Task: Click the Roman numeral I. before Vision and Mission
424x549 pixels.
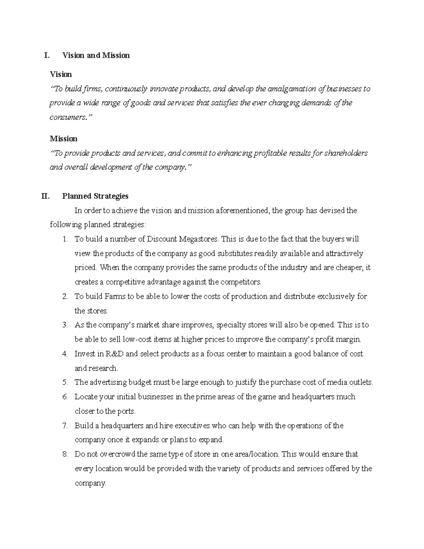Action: [x=46, y=56]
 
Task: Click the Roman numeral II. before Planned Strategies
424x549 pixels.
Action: [x=46, y=196]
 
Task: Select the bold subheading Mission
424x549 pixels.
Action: [x=64, y=139]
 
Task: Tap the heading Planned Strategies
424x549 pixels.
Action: [x=95, y=196]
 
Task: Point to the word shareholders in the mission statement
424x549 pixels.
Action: [x=346, y=153]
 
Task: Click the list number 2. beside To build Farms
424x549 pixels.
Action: [x=65, y=297]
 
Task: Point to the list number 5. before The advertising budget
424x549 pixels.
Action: [x=65, y=382]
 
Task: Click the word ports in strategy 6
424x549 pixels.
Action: [x=127, y=411]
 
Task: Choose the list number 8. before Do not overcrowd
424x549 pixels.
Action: [x=65, y=454]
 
